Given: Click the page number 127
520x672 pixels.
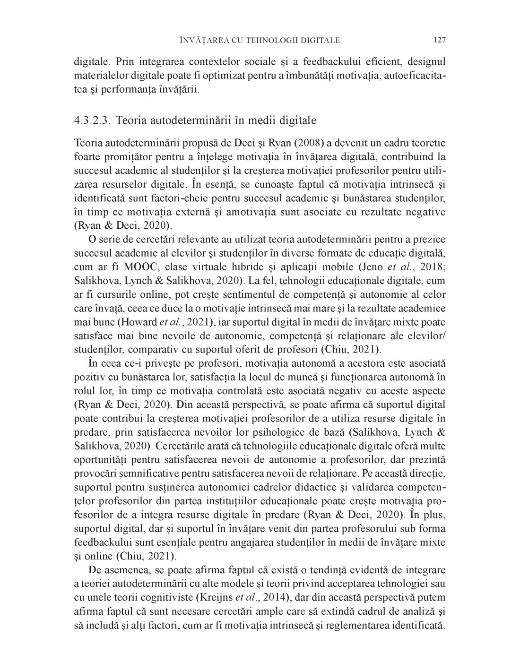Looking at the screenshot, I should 440,40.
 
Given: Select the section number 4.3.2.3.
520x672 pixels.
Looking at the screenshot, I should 92,120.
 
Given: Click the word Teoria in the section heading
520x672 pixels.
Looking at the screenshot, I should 130,120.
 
